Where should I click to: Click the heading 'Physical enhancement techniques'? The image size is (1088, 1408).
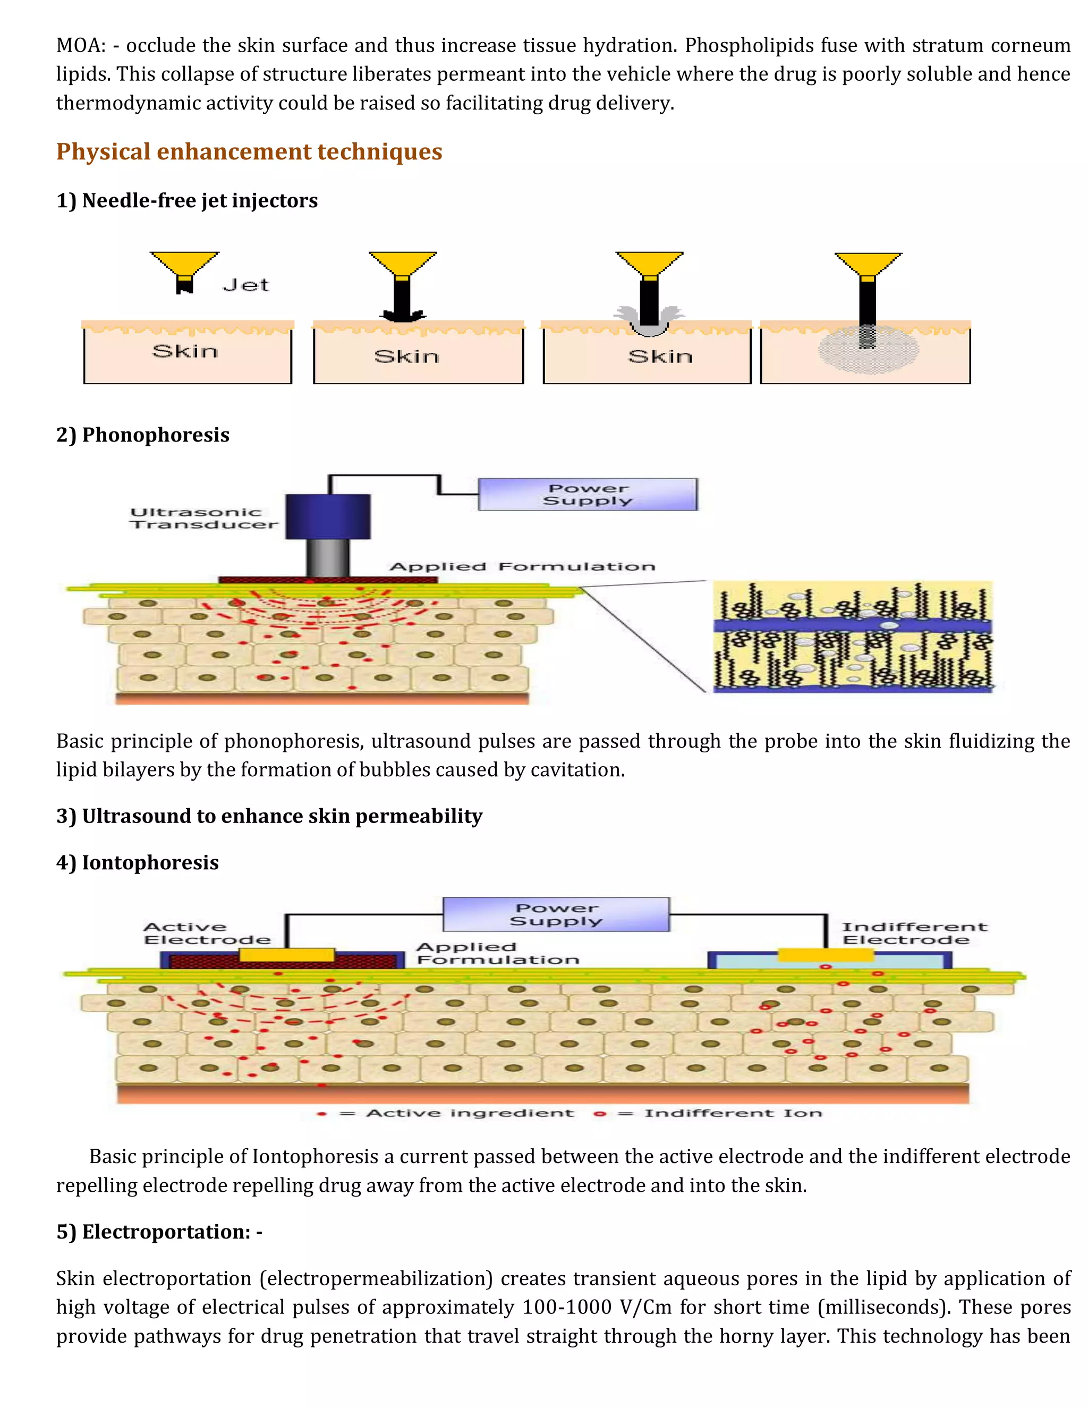click(249, 151)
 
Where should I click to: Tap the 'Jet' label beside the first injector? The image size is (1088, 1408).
click(245, 285)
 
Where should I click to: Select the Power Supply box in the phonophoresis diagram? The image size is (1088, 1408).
click(587, 495)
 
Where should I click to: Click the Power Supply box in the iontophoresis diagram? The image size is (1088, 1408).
click(556, 914)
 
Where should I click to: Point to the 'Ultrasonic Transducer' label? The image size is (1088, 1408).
click(203, 519)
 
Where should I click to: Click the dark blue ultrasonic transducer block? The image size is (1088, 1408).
click(328, 516)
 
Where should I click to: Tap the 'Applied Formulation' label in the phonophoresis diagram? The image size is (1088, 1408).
click(522, 567)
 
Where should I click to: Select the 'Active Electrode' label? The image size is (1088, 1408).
click(206, 933)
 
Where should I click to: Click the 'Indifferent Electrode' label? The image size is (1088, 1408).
click(913, 933)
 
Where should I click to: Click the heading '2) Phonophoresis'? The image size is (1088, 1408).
click(142, 435)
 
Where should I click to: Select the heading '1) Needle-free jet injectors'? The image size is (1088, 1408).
click(187, 200)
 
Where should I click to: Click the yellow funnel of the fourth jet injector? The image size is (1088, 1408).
click(868, 262)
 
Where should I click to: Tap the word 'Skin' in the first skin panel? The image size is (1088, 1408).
click(185, 351)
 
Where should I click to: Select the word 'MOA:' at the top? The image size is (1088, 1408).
click(81, 45)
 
